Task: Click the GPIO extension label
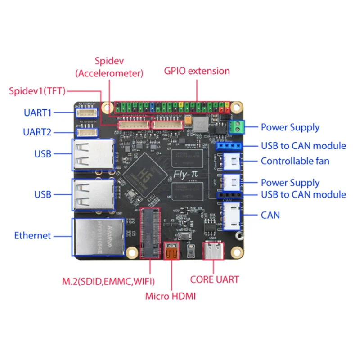tap(197, 71)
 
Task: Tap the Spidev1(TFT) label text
tap(37, 91)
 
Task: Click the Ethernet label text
tap(32, 235)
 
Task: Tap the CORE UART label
tap(215, 279)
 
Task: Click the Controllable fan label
tap(295, 161)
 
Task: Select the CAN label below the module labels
tap(270, 215)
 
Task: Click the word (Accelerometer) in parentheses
tap(109, 73)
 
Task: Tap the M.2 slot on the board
tap(149, 233)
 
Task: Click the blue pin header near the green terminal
tap(229, 146)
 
